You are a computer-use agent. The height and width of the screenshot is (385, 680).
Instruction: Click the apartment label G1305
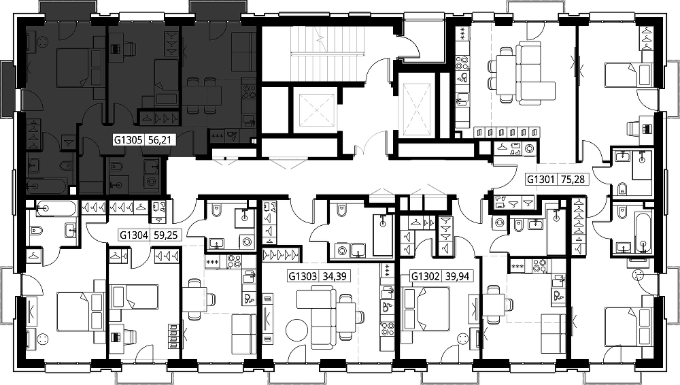click(x=129, y=139)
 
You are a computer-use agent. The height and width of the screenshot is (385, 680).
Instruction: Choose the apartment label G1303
click(x=303, y=276)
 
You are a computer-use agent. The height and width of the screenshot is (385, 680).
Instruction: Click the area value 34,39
click(x=335, y=276)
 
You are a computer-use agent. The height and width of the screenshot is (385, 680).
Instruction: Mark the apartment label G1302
click(x=426, y=276)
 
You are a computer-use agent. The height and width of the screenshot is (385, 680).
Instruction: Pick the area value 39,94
click(x=457, y=276)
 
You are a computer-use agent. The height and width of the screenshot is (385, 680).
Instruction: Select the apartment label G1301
click(x=541, y=179)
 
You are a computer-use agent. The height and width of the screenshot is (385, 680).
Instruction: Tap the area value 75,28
click(x=573, y=179)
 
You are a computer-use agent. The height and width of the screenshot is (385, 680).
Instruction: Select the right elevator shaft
click(x=417, y=109)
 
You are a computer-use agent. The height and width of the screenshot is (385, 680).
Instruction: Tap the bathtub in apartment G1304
click(x=57, y=209)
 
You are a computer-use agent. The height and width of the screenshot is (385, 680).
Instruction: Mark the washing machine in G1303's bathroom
click(x=342, y=250)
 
